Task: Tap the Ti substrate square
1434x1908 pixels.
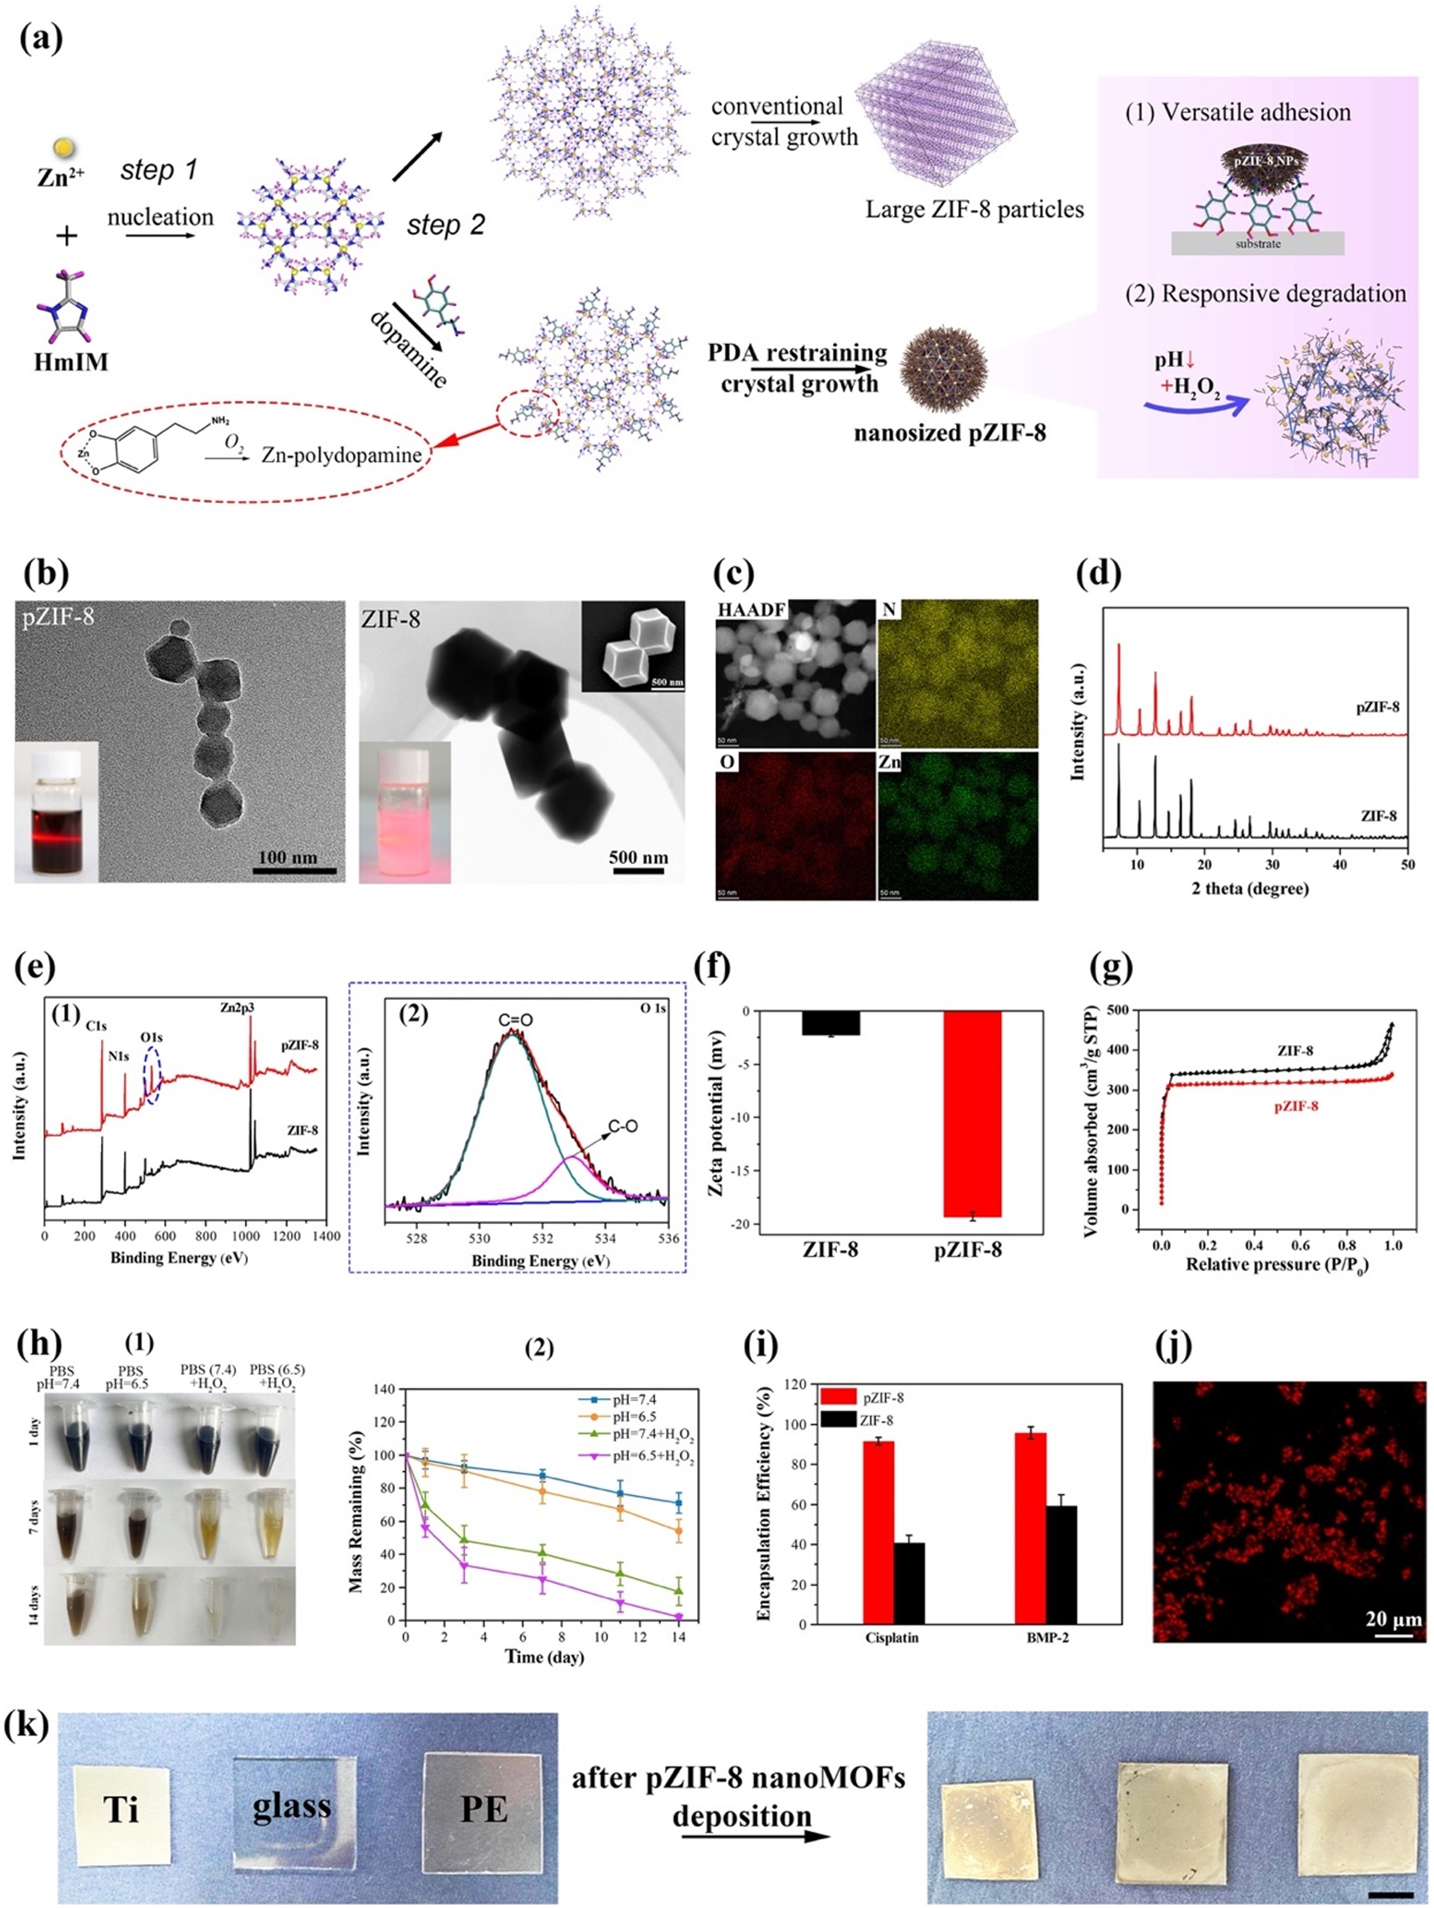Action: coord(121,1809)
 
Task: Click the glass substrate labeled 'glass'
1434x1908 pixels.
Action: coord(292,1804)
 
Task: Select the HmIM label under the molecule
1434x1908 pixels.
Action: coord(72,362)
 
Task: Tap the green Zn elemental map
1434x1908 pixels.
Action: coord(958,826)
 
